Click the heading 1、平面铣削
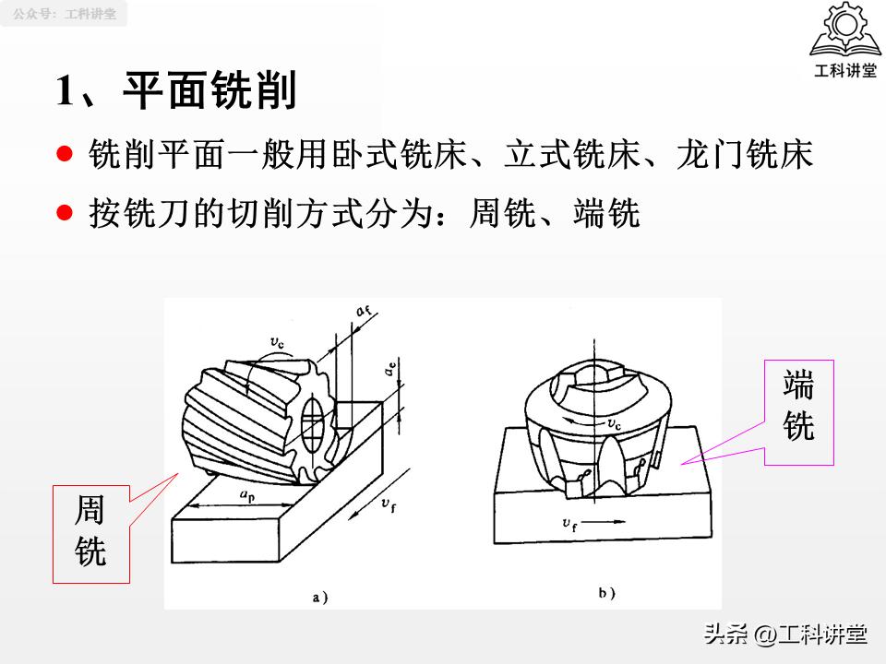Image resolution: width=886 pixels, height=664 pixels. point(176,91)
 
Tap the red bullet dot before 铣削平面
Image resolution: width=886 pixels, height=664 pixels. point(64,154)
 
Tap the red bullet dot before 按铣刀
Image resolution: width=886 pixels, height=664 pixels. point(64,213)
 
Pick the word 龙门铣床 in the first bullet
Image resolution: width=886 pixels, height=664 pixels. point(744,155)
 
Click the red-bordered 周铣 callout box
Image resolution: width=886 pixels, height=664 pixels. point(90,533)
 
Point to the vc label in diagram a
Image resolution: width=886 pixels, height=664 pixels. point(277,343)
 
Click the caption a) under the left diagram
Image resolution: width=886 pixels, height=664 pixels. point(320,597)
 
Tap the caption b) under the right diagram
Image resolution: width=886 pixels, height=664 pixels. point(606,593)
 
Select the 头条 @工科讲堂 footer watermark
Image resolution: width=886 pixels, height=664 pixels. point(785,634)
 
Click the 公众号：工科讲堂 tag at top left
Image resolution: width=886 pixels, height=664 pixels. point(65,14)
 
